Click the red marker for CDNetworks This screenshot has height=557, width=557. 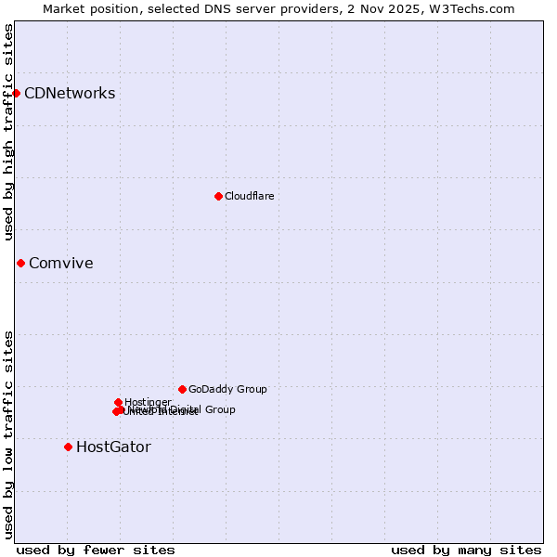coord(16,93)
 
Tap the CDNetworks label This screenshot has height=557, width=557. coord(70,93)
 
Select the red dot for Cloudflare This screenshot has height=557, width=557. coord(218,196)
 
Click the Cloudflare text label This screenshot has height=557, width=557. coord(249,196)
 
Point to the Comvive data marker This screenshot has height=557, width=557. coord(20,263)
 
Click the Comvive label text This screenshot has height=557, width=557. coord(60,263)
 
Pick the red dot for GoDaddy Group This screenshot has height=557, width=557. coord(182,389)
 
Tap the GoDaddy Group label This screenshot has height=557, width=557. coord(227,389)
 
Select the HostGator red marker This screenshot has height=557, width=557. coord(68,447)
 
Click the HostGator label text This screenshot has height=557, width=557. coord(113,447)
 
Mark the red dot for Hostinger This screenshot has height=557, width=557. coord(118,402)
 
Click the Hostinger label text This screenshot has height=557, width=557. coord(148,402)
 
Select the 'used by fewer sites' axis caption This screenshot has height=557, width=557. coord(96,550)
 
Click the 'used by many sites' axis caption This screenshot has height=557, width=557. coord(466,550)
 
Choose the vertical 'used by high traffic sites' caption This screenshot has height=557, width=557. coord(8,132)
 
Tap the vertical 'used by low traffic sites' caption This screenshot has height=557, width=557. coord(8,434)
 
